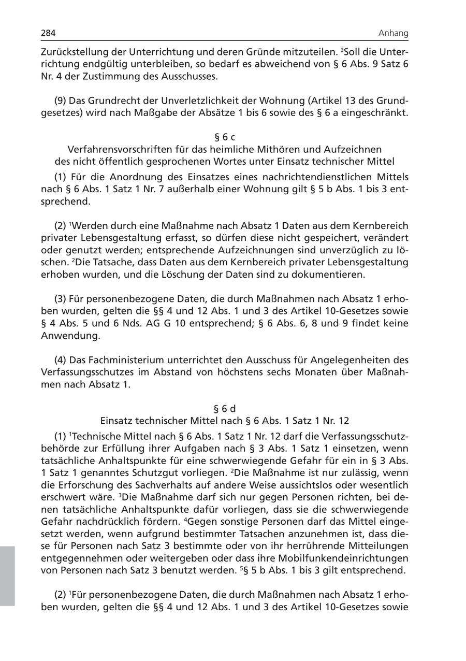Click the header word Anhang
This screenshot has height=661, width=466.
point(393,34)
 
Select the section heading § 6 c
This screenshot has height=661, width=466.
point(225,137)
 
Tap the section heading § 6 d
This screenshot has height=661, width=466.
point(225,409)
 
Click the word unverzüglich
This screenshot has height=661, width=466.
point(359,250)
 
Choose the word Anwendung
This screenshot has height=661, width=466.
point(63,335)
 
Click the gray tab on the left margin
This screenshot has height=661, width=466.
point(7,576)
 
